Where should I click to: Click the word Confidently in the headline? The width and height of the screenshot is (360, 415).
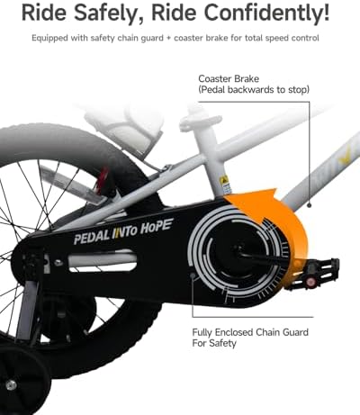(266, 13)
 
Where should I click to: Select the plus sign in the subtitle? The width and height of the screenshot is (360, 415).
(168, 39)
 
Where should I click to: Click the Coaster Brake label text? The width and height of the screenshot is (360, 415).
(229, 79)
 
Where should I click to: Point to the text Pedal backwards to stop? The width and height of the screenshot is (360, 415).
(254, 90)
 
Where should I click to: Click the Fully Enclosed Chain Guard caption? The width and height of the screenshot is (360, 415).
(250, 338)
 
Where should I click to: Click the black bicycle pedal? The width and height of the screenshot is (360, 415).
(313, 273)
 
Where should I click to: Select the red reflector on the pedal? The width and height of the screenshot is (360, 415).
(310, 282)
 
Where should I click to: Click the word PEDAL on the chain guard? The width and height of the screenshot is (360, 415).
(92, 238)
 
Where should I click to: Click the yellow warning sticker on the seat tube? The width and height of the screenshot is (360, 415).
(224, 181)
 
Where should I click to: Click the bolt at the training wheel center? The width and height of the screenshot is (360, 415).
(11, 384)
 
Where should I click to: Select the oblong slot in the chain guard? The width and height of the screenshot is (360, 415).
(103, 261)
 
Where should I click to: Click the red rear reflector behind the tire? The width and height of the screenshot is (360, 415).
(103, 179)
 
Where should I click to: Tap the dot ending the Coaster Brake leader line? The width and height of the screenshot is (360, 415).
(310, 205)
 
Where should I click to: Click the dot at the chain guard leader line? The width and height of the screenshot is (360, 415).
(193, 275)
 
